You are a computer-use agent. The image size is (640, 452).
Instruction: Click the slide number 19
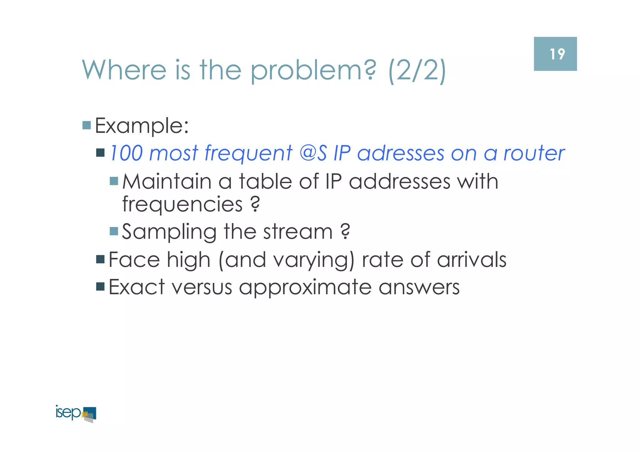557,54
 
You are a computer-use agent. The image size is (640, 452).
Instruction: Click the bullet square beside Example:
87,125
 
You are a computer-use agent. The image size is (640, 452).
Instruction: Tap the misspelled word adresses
401,153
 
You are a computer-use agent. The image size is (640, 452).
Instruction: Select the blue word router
534,153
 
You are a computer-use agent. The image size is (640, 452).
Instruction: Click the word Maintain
167,181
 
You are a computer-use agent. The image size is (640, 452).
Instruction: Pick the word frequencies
182,205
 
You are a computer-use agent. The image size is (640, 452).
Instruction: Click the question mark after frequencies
255,204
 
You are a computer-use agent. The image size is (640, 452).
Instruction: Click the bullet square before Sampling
114,231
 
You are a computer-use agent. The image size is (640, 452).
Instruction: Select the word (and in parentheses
242,260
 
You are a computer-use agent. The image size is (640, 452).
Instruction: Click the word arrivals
472,260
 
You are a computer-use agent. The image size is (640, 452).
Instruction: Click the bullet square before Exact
100,286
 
